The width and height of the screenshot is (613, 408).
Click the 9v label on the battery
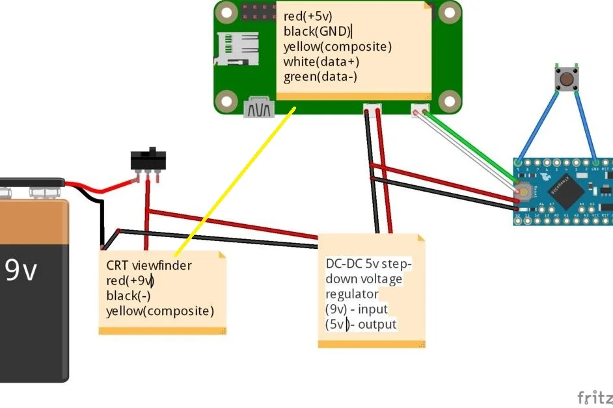coord(21,270)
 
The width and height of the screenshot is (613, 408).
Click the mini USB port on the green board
coord(258,108)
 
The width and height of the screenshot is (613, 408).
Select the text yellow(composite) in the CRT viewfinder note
coord(159,311)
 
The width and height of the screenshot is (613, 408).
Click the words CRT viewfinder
coord(149,265)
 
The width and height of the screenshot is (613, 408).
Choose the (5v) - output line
coord(361,324)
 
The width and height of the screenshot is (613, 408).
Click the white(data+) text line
coord(321,62)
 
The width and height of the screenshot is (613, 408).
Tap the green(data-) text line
coord(320,77)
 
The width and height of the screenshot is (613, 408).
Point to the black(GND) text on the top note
coord(317,31)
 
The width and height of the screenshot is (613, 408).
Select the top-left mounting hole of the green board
coord(226,11)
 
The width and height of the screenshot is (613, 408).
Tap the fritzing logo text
coord(595,397)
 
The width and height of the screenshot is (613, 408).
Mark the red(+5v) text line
coord(308,16)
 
